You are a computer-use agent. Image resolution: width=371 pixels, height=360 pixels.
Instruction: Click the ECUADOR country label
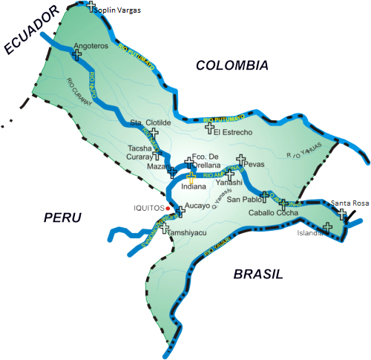pyautogui.click(x=30, y=30)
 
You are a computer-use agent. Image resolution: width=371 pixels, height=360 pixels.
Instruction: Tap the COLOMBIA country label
pyautogui.click(x=232, y=66)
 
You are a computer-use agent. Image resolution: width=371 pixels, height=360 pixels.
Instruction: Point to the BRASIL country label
pyautogui.click(x=258, y=275)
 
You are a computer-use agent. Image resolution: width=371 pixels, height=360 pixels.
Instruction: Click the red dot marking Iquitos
pyautogui.click(x=168, y=209)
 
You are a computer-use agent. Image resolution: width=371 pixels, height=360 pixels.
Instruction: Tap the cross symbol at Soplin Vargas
pyautogui.click(x=91, y=7)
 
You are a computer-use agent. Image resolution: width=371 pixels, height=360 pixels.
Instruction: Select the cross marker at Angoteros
pyautogui.click(x=77, y=54)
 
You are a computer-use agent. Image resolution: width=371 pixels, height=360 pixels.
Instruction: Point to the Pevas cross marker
pyautogui.click(x=240, y=159)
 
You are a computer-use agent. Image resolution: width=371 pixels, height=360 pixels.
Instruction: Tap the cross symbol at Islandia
pyautogui.click(x=327, y=228)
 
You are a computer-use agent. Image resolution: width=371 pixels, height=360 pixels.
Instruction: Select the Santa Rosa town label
pyautogui.click(x=349, y=203)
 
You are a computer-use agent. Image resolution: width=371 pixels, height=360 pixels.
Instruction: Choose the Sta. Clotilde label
pyautogui.click(x=151, y=122)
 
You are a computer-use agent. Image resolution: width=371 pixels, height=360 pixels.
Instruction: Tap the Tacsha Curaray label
pyautogui.click(x=139, y=152)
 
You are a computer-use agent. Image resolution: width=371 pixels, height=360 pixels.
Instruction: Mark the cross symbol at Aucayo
pyautogui.click(x=180, y=212)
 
